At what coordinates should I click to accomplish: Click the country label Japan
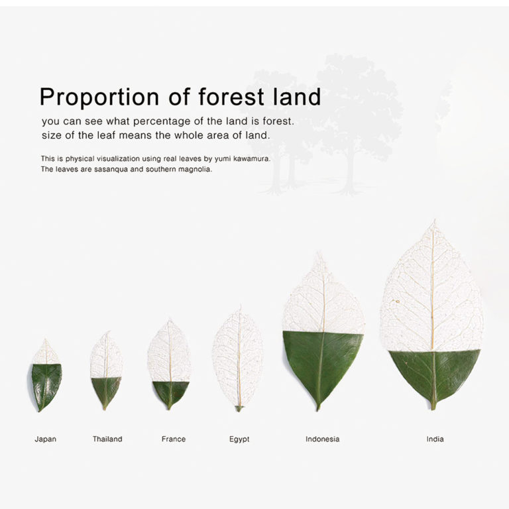coord(46,439)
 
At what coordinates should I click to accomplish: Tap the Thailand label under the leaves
coord(107,439)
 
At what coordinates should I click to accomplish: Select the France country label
coord(174,439)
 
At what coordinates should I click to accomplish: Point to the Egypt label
coord(239,439)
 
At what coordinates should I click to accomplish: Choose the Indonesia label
coord(322,439)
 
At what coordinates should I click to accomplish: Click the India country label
coord(435,439)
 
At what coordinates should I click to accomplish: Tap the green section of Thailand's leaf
coord(106,390)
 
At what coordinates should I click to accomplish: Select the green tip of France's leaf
coord(170,393)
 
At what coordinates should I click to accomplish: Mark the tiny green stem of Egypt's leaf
coord(239,408)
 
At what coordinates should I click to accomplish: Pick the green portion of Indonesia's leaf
coord(321,361)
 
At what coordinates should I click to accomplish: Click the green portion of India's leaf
coord(434,373)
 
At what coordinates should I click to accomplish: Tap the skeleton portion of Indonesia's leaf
coord(323,299)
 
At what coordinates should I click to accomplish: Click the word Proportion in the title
coord(99,97)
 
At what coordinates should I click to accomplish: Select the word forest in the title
coord(231,96)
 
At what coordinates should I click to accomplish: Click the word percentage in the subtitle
coord(162,122)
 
